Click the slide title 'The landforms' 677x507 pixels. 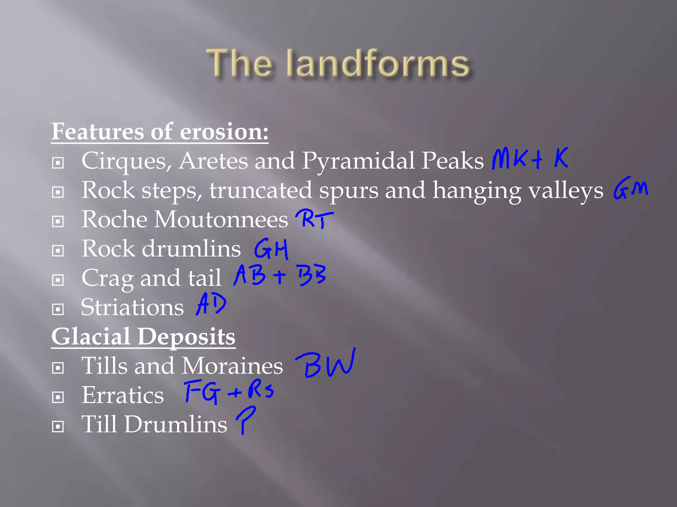(x=338, y=63)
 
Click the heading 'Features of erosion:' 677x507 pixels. (x=160, y=131)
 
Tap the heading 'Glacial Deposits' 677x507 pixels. (x=143, y=336)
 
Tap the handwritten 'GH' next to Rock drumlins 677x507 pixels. (x=271, y=249)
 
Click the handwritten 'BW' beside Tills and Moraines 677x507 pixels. (x=326, y=364)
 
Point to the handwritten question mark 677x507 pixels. (x=245, y=419)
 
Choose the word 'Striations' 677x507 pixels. (x=132, y=307)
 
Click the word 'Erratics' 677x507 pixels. (x=123, y=395)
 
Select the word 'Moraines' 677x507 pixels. (x=232, y=366)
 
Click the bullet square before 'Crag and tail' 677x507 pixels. (x=58, y=280)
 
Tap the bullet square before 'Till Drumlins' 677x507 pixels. (x=58, y=426)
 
